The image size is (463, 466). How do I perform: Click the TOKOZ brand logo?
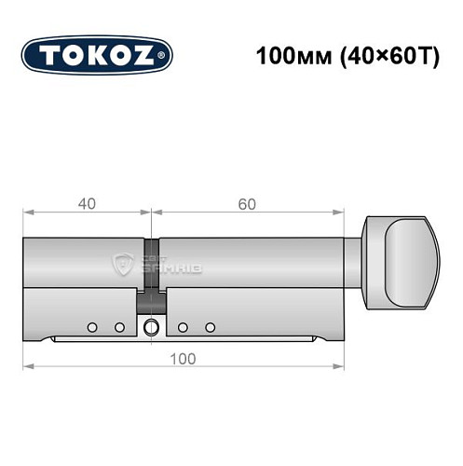97,53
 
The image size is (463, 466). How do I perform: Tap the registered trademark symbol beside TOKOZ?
165,57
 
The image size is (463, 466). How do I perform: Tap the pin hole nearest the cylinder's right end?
211,326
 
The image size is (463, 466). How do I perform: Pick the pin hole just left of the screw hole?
119,326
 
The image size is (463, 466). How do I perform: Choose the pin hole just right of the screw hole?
184,326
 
